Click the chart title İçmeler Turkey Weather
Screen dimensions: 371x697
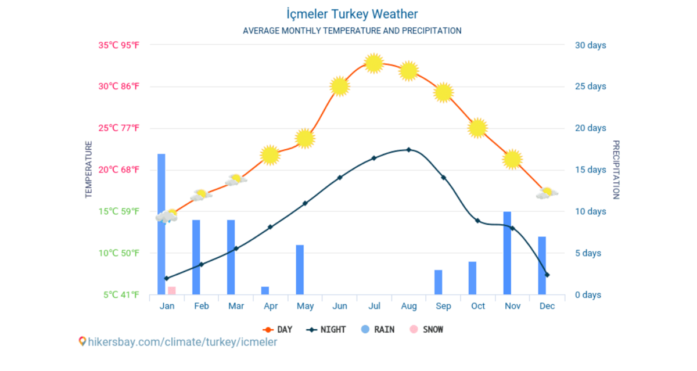[352, 13]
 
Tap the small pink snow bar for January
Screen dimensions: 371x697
[171, 290]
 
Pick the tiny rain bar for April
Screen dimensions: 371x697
[265, 290]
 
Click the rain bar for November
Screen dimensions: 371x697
[507, 253]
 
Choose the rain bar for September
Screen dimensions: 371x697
[438, 282]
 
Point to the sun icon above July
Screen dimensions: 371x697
[374, 63]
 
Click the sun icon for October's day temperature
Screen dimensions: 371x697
[477, 128]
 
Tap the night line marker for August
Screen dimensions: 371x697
[408, 150]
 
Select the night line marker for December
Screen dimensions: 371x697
[547, 275]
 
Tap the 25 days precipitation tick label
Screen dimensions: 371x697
[590, 87]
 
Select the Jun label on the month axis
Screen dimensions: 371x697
[339, 306]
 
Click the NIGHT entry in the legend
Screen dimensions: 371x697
[328, 330]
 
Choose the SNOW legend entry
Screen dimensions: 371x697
[426, 330]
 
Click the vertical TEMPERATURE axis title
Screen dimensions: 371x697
[89, 170]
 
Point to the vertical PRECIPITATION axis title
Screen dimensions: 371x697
[616, 170]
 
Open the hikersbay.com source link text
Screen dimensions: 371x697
[182, 342]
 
